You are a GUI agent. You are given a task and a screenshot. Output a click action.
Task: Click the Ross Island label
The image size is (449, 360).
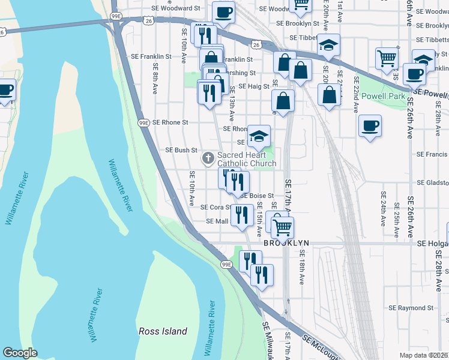pos(163,331)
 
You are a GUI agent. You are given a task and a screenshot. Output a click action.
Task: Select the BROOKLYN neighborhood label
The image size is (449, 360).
pos(286,243)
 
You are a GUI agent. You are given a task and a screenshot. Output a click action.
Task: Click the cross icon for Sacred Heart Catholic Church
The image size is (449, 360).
pos(208,158)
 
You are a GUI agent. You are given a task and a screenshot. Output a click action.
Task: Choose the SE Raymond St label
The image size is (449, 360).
pos(411,308)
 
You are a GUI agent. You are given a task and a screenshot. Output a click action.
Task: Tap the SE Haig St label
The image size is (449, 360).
pos(253,86)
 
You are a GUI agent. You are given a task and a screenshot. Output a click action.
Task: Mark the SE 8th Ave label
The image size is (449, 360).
pos(155,79)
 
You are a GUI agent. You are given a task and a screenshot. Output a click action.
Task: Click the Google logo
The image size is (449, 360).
pos(20,353)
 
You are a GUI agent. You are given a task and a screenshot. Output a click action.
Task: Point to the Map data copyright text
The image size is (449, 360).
pos(423,355)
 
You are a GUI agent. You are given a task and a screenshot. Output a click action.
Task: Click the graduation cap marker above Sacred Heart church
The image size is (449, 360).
pos(259,136)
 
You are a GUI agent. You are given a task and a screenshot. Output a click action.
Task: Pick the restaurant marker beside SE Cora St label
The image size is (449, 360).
pos(241,215)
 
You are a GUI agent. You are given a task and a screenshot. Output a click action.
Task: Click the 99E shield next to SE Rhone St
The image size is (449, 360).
pos(143,122)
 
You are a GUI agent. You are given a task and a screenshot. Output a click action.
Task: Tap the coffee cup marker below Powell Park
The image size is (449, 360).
pos(370,126)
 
